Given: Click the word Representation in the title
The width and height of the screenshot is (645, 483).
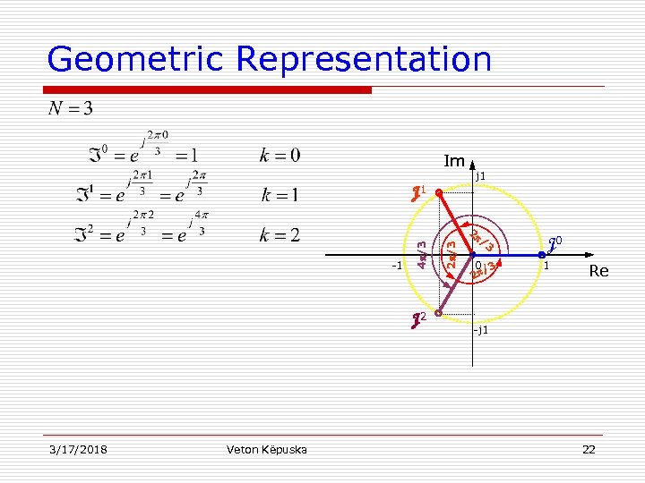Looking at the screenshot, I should click(x=364, y=59).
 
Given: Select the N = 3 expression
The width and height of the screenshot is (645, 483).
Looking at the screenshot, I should click(x=71, y=109).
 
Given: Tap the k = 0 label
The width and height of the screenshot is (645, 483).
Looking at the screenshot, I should click(x=279, y=154).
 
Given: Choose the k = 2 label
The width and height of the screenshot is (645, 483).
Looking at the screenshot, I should click(x=279, y=236).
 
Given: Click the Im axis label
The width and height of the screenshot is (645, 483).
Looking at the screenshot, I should click(x=454, y=162).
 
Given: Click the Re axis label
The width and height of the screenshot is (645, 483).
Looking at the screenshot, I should click(x=598, y=271).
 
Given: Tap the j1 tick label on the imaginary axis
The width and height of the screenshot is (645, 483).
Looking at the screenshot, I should click(x=481, y=176).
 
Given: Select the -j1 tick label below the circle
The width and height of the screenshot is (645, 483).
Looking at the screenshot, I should click(x=481, y=330).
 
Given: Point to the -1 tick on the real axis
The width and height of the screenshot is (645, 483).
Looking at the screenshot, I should click(x=398, y=266).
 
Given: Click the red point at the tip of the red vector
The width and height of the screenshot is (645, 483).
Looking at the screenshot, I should click(x=438, y=191).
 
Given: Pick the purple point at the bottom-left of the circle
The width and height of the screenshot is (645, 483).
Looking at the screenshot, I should click(x=439, y=312).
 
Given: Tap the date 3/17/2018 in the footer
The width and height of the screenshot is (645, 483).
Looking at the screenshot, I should click(x=77, y=449).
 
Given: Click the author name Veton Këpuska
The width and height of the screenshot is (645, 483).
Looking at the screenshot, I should click(x=267, y=449).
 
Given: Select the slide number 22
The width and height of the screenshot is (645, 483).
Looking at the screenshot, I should click(x=589, y=449).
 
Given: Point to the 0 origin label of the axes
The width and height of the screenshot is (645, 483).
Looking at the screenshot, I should click(x=479, y=265).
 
